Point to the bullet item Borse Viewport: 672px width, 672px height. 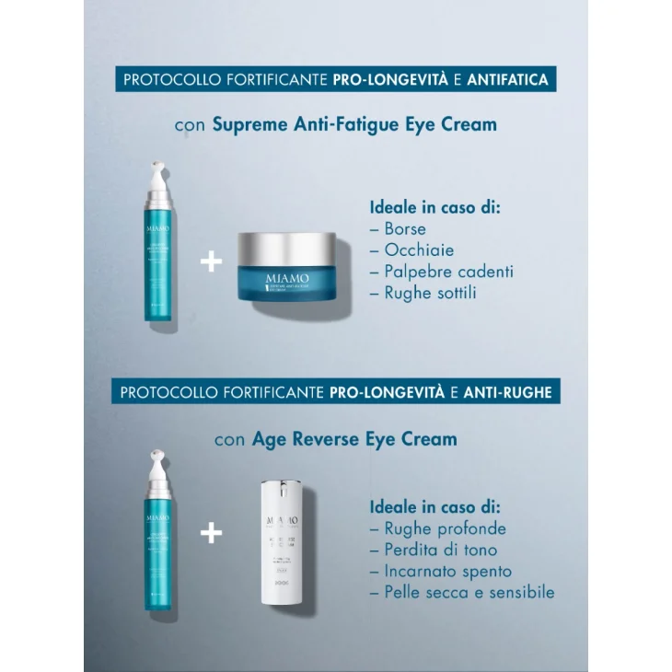405,229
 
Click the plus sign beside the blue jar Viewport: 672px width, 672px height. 211,262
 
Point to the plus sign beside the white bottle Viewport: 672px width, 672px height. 212,533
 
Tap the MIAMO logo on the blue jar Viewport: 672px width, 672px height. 286,278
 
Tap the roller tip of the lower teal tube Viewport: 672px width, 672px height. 157,459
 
